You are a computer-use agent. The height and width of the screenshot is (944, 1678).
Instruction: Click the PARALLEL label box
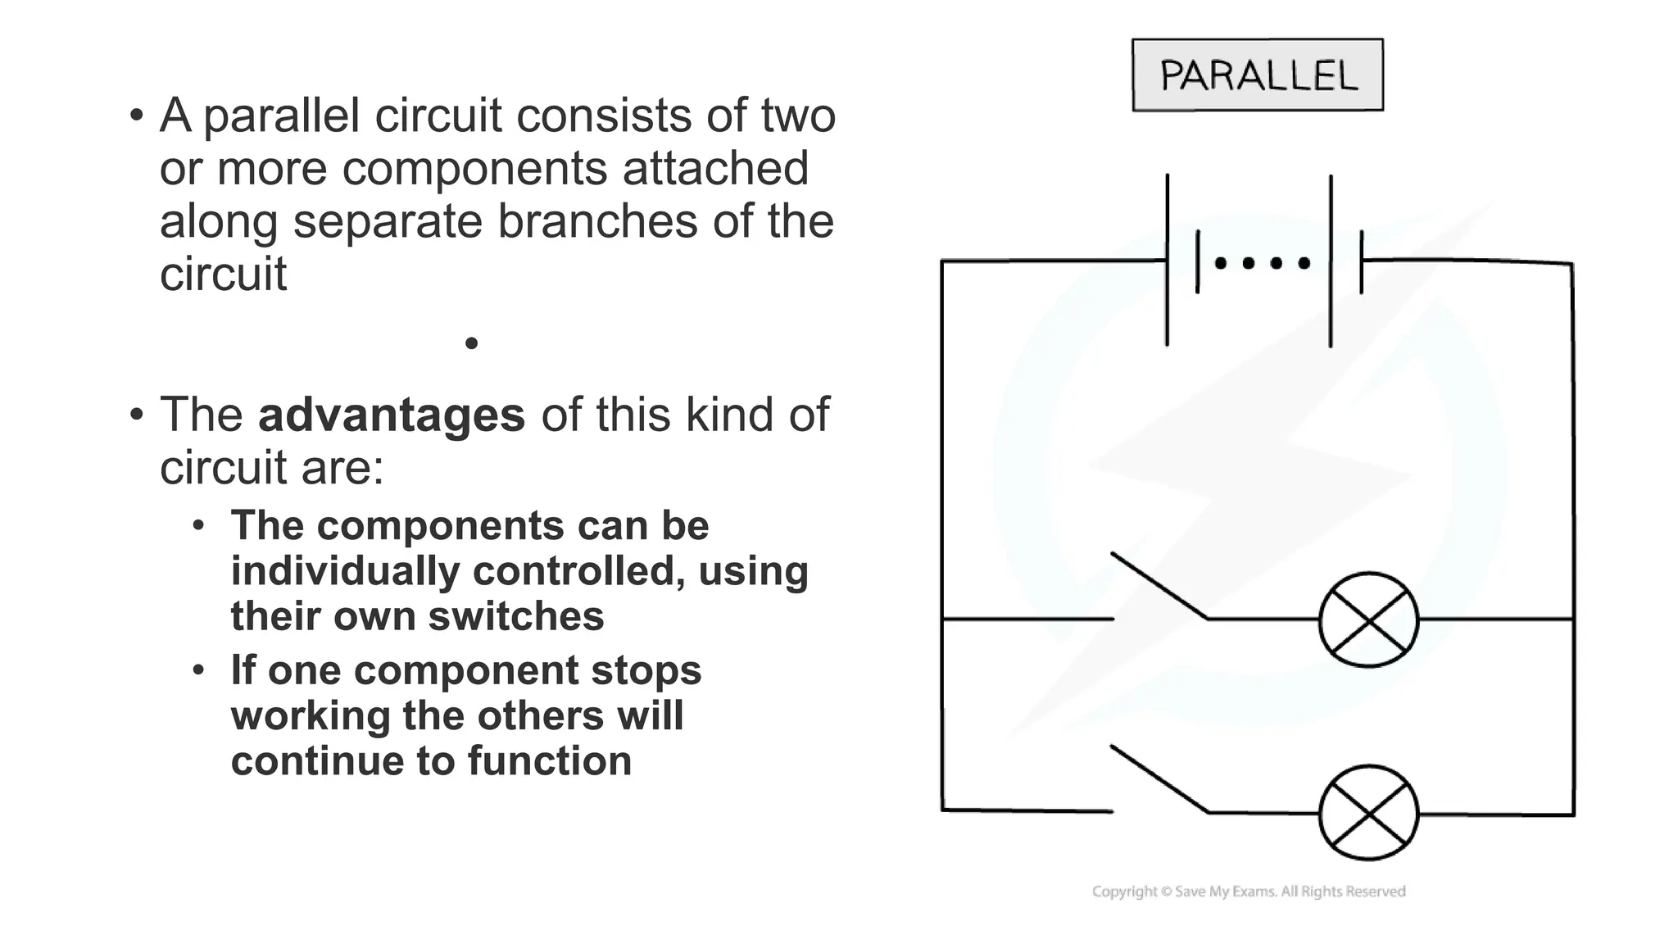pyautogui.click(x=1257, y=75)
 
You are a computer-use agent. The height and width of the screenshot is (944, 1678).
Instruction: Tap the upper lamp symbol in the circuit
pyautogui.click(x=1368, y=619)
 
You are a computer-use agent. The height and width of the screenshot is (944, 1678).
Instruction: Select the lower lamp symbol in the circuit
pyautogui.click(x=1368, y=813)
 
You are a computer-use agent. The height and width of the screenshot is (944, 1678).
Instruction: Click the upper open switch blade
pyautogui.click(x=1159, y=586)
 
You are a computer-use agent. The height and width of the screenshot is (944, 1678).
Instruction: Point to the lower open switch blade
pyautogui.click(x=1159, y=778)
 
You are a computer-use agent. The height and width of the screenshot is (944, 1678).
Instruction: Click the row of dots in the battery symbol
pyautogui.click(x=1262, y=263)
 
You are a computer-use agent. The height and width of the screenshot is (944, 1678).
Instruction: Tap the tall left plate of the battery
pyautogui.click(x=1167, y=260)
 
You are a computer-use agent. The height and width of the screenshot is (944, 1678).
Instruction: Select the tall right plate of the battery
pyautogui.click(x=1331, y=261)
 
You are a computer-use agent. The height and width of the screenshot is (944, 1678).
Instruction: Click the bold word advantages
pyautogui.click(x=391, y=415)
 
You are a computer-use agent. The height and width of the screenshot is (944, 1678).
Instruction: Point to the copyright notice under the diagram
pyautogui.click(x=1249, y=892)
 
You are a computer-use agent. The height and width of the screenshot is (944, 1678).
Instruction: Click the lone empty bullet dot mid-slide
pyautogui.click(x=471, y=343)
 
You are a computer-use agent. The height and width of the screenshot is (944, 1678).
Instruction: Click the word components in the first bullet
pyautogui.click(x=475, y=169)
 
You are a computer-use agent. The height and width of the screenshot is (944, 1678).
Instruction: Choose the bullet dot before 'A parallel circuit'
pyautogui.click(x=136, y=115)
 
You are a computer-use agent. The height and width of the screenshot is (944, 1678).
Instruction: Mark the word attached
pyautogui.click(x=715, y=169)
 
